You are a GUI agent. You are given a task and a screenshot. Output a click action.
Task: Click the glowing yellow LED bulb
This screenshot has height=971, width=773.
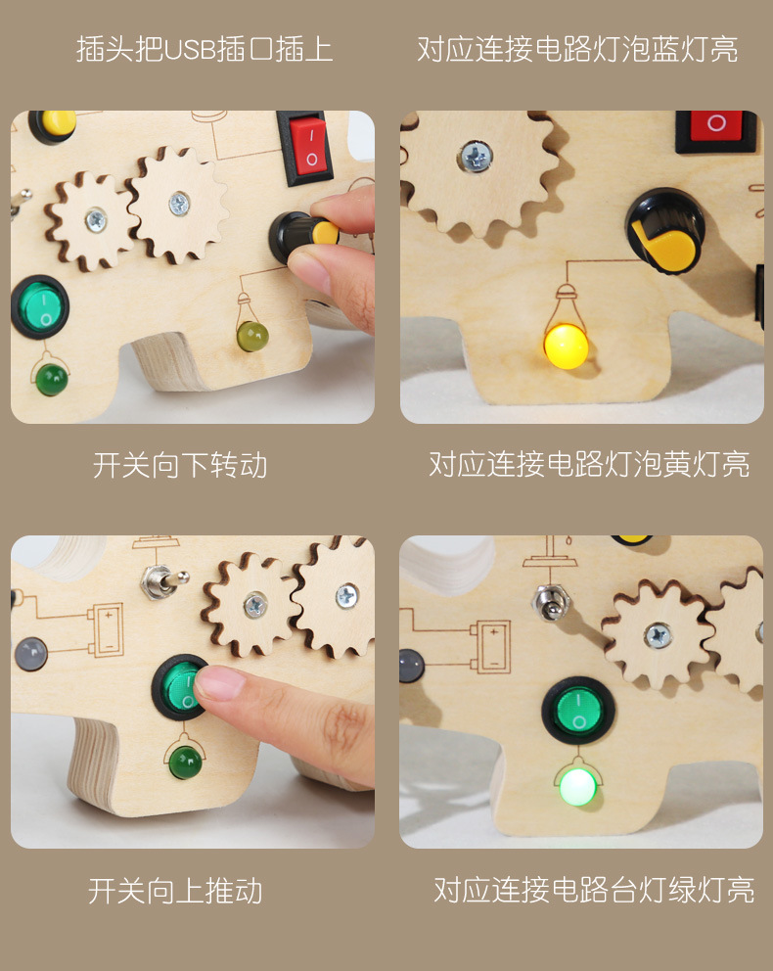pyautogui.click(x=565, y=346)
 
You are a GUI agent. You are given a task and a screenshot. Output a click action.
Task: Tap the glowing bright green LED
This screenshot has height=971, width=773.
pyautogui.click(x=577, y=785)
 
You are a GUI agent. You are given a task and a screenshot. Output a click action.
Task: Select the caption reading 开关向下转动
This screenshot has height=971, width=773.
pyautogui.click(x=180, y=465)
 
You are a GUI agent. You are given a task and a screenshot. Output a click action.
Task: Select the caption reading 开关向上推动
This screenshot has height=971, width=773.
pyautogui.click(x=175, y=891)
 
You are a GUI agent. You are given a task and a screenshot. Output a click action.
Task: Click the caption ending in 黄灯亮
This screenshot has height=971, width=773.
pyautogui.click(x=589, y=465)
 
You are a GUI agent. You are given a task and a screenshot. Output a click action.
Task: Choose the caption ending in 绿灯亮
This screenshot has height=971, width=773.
pyautogui.click(x=594, y=891)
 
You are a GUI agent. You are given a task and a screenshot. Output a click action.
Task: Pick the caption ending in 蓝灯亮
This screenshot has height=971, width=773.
pyautogui.click(x=577, y=49)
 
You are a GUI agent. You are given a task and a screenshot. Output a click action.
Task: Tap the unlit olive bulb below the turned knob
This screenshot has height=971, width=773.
pyautogui.click(x=251, y=336)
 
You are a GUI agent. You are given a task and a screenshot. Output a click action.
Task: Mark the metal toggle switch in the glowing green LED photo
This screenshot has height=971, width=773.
pyautogui.click(x=549, y=601)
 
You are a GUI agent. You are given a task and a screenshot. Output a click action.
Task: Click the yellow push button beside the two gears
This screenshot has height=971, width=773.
pyautogui.click(x=56, y=121)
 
